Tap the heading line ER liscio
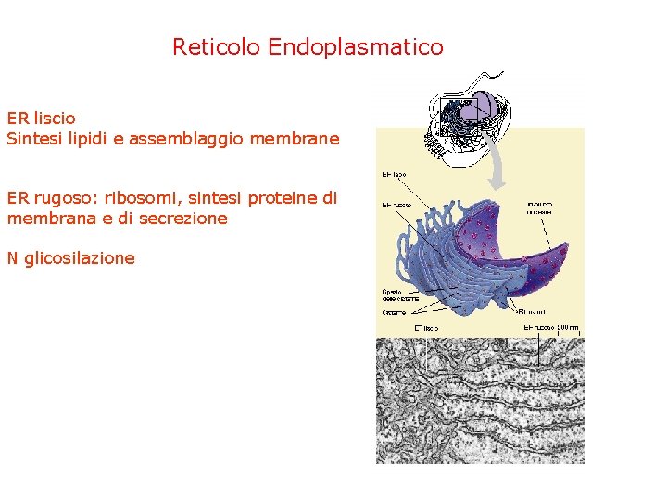pyautogui.click(x=42, y=119)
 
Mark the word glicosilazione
pyautogui.click(x=80, y=258)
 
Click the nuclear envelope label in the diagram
pyautogui.click(x=539, y=206)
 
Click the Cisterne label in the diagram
pyautogui.click(x=393, y=313)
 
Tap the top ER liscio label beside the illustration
pyautogui.click(x=394, y=173)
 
